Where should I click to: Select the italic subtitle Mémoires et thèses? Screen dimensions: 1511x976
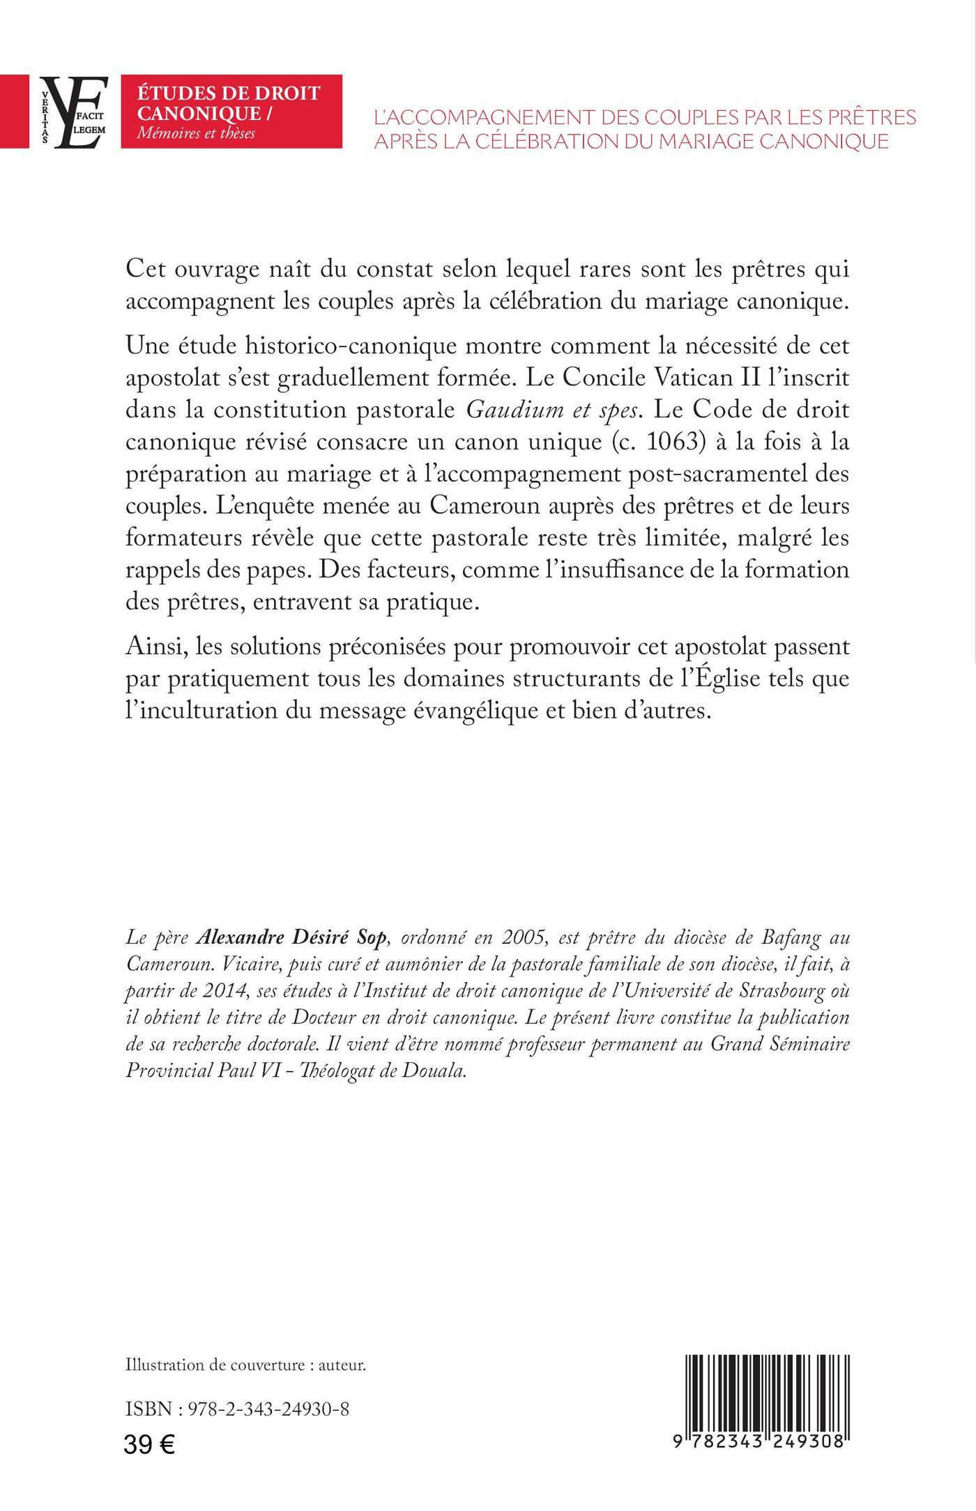[x=196, y=132]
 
